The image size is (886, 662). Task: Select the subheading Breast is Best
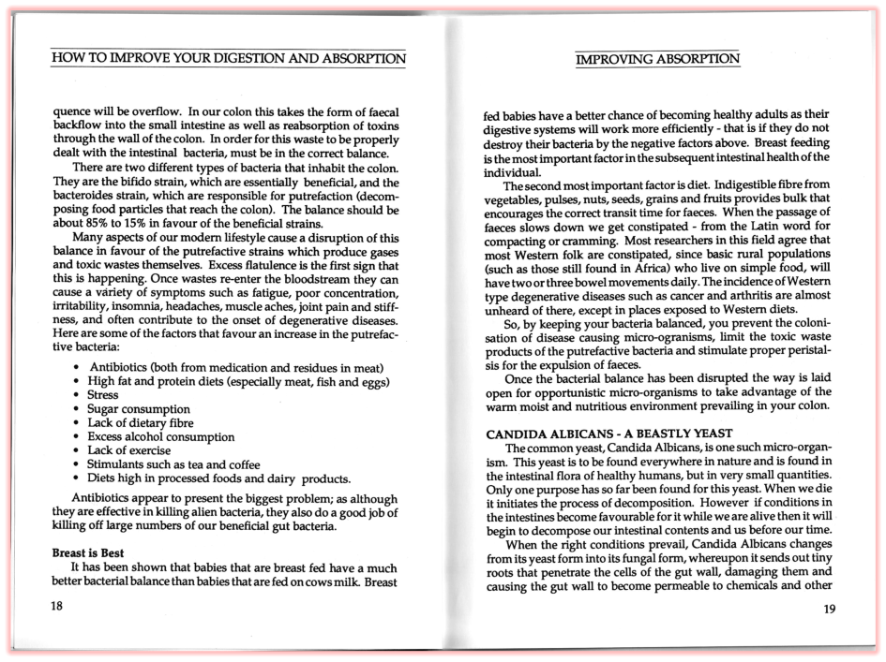click(x=88, y=553)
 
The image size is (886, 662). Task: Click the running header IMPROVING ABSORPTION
click(x=657, y=59)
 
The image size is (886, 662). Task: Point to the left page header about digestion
click(x=229, y=58)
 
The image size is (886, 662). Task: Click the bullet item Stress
click(x=103, y=395)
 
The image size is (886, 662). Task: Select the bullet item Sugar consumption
click(x=139, y=409)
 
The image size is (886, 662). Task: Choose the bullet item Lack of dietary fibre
click(x=141, y=423)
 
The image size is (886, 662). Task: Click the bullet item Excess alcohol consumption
click(x=160, y=436)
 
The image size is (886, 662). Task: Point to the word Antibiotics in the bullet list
click(x=122, y=367)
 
